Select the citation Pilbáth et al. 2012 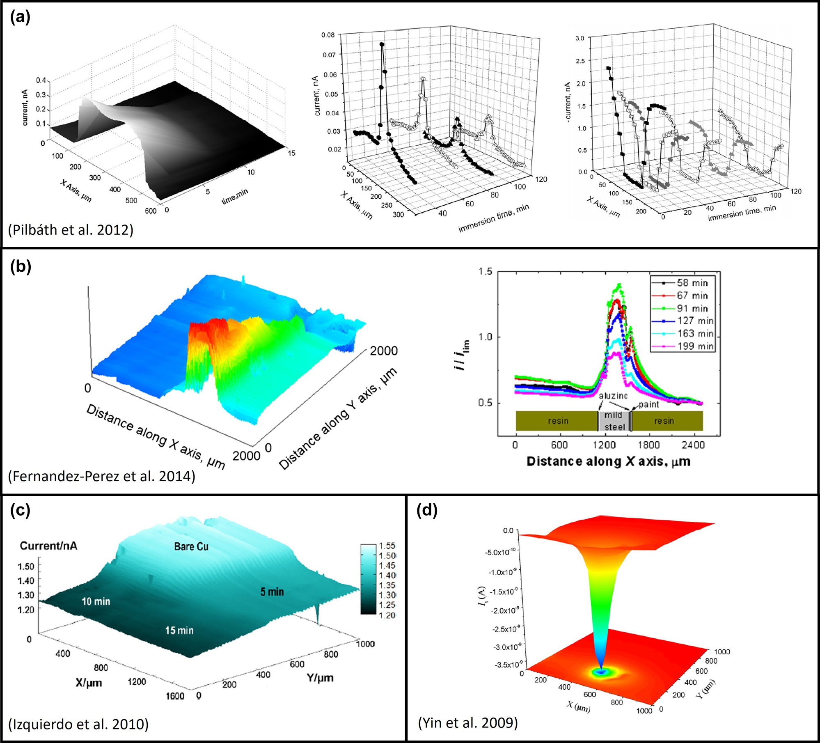71,229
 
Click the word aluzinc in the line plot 613,396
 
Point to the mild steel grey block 614,421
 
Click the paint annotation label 648,404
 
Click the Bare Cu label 191,546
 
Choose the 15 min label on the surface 179,630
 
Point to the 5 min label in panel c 272,592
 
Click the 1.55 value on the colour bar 387,546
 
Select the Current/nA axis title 48,546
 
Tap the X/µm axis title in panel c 89,683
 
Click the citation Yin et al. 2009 468,722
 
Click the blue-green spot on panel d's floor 602,672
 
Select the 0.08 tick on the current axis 328,35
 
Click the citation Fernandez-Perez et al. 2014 101,476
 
